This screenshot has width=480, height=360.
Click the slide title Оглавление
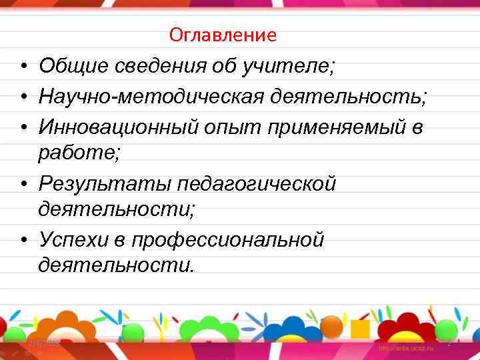[223, 35]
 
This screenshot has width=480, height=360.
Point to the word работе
[79, 153]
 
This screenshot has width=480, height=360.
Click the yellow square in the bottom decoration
[360, 329]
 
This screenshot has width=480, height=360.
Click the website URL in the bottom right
[406, 349]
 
